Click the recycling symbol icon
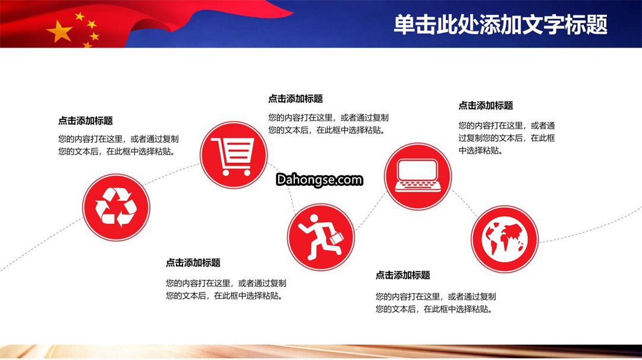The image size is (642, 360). click(x=116, y=207)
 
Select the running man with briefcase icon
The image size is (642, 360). click(x=320, y=237)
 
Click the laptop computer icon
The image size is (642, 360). click(x=418, y=176)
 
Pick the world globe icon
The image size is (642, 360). click(x=505, y=239)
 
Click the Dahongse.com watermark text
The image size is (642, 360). click(x=319, y=179)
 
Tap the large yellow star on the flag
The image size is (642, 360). click(x=60, y=31)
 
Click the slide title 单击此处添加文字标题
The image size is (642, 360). click(x=501, y=24)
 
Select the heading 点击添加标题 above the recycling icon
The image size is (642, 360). click(x=85, y=121)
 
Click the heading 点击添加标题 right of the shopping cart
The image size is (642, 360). click(x=295, y=99)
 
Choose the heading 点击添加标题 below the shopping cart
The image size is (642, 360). click(x=193, y=263)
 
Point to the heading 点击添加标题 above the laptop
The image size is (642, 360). click(x=486, y=106)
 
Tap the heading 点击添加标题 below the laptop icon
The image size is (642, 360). click(x=403, y=275)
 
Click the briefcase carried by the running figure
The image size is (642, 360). click(x=336, y=238)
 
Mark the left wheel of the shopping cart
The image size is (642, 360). click(x=226, y=173)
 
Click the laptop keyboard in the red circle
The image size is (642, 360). click(x=418, y=186)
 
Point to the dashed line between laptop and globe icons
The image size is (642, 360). click(x=464, y=203)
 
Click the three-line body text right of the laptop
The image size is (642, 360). click(x=507, y=138)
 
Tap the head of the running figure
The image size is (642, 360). click(x=314, y=219)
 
